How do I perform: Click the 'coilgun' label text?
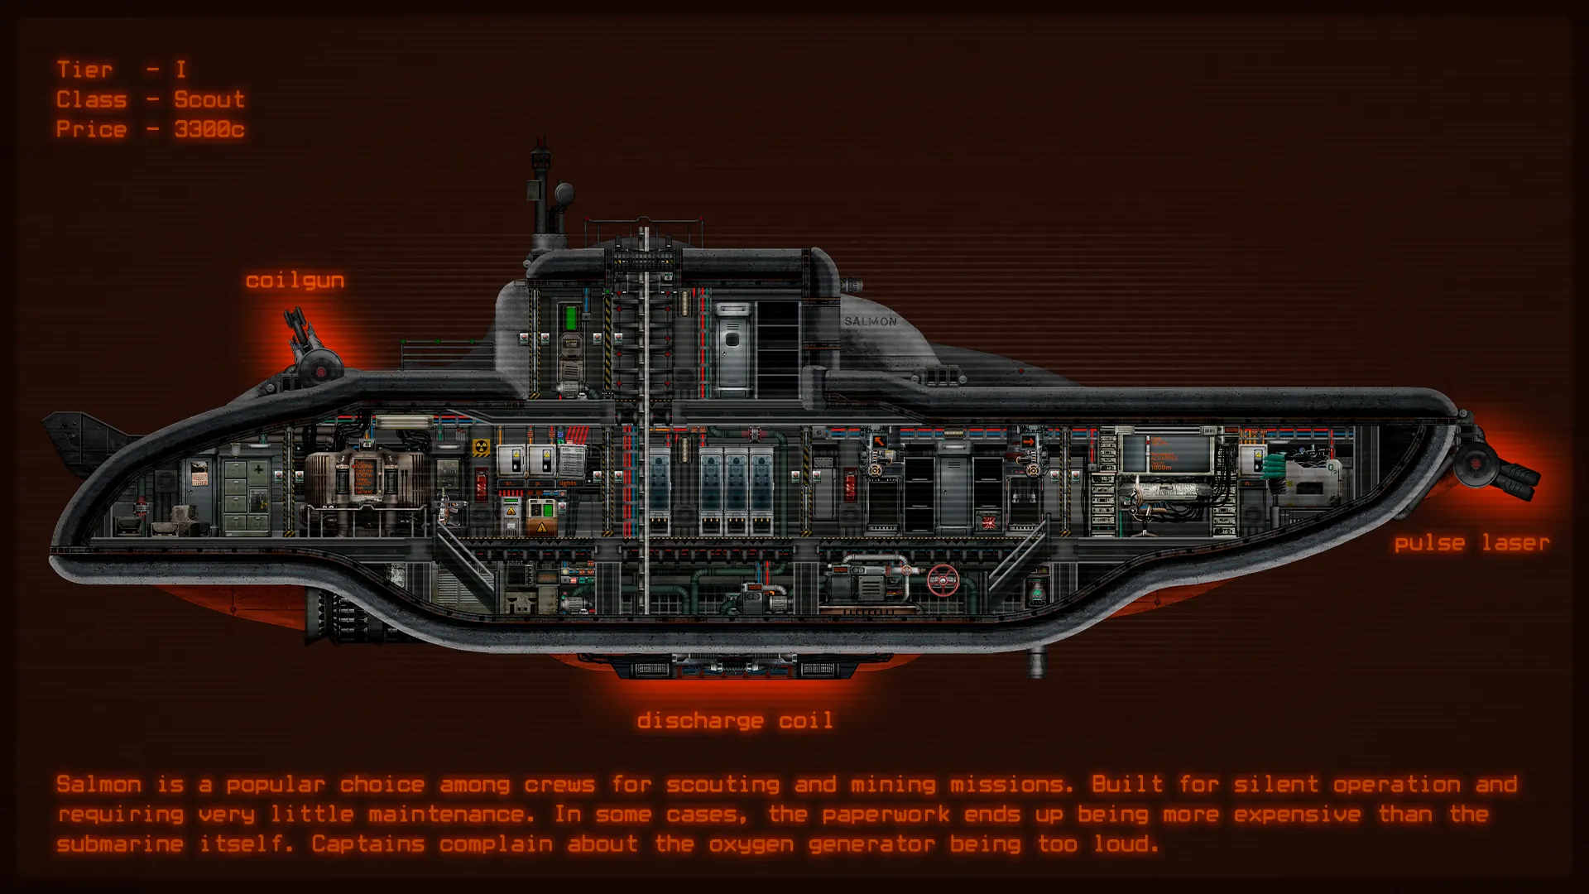295,281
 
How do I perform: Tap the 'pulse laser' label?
1471,543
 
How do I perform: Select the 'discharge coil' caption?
734,720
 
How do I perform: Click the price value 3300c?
209,129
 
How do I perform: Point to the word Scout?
209,99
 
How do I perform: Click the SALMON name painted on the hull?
870,321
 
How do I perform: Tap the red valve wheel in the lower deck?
942,580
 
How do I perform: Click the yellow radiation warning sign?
481,449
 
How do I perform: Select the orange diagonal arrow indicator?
879,442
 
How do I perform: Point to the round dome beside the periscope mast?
565,194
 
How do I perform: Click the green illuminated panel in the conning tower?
570,317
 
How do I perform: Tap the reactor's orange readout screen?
363,478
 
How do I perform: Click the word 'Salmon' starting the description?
99,784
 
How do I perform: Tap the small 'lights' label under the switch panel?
568,483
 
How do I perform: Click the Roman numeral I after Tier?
180,70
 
